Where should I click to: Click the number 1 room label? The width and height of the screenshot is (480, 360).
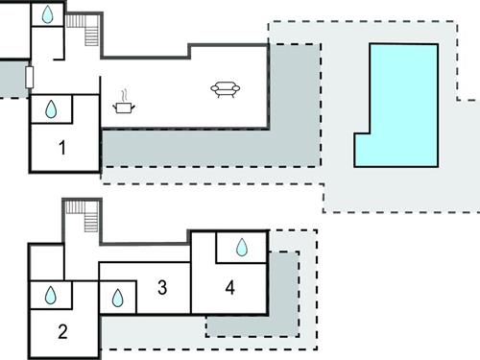(62, 148)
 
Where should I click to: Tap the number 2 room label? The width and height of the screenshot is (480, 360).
(62, 333)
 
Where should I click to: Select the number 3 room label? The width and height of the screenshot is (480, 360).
(162, 287)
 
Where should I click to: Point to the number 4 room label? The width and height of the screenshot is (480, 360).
(229, 286)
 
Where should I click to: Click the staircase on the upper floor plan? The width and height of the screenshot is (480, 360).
(88, 33)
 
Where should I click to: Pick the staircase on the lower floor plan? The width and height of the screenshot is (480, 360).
(88, 217)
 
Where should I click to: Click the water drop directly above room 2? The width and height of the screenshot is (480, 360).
(50, 296)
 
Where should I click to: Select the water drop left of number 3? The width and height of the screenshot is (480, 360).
(117, 298)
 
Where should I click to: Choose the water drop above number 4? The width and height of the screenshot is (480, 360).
(242, 248)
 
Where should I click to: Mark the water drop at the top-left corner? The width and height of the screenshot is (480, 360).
(46, 14)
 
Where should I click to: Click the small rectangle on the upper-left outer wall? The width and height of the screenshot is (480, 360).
(31, 78)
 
